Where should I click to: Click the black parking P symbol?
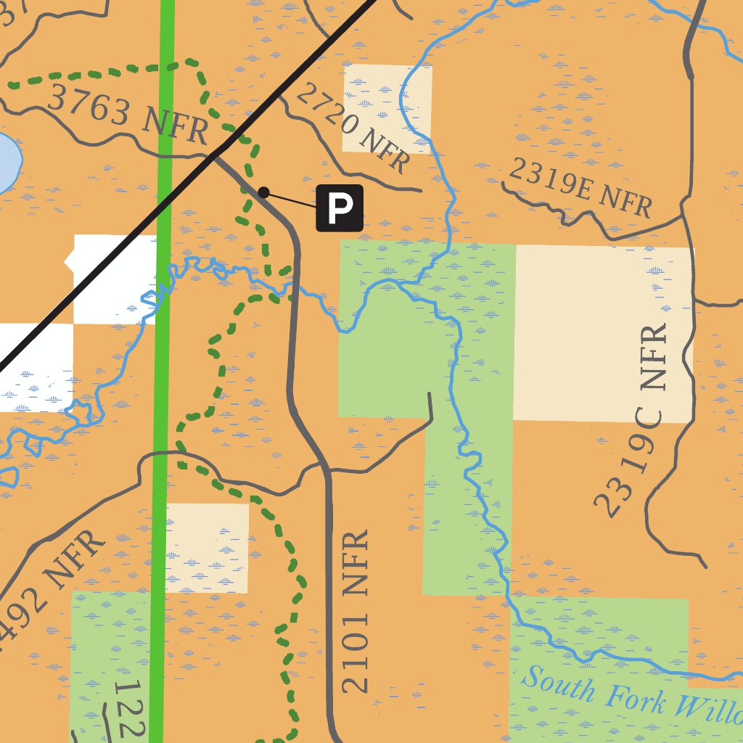(x=339, y=208)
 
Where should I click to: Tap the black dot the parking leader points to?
(x=264, y=192)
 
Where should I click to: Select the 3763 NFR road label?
(x=128, y=114)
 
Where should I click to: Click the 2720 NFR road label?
(x=353, y=128)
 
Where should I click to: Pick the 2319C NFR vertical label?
(x=632, y=421)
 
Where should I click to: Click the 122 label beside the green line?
(x=131, y=707)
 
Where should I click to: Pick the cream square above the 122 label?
(x=208, y=548)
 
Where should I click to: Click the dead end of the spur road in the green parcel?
(x=430, y=395)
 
